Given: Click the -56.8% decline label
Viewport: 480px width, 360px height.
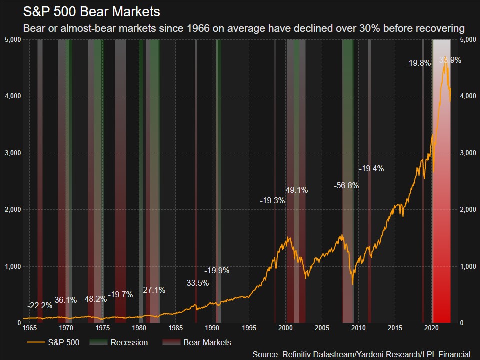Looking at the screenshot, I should (x=346, y=185).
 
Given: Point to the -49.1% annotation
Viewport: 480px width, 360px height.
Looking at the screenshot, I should (x=295, y=190).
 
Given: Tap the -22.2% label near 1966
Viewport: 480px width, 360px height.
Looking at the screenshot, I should (x=40, y=305).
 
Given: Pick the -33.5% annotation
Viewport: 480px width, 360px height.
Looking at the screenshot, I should (x=196, y=283).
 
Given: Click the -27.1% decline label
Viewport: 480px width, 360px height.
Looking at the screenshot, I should (x=153, y=290).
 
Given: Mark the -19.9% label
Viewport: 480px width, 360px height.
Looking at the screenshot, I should (x=217, y=271).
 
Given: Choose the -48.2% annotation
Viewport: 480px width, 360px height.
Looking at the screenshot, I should (x=94, y=299).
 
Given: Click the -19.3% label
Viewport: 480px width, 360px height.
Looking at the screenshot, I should (x=272, y=200).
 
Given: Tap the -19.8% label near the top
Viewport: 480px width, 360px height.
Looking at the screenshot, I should (x=418, y=63).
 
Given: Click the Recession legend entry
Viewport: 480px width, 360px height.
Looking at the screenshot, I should (x=129, y=342).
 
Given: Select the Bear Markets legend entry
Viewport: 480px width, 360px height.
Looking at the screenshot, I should (x=207, y=342).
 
